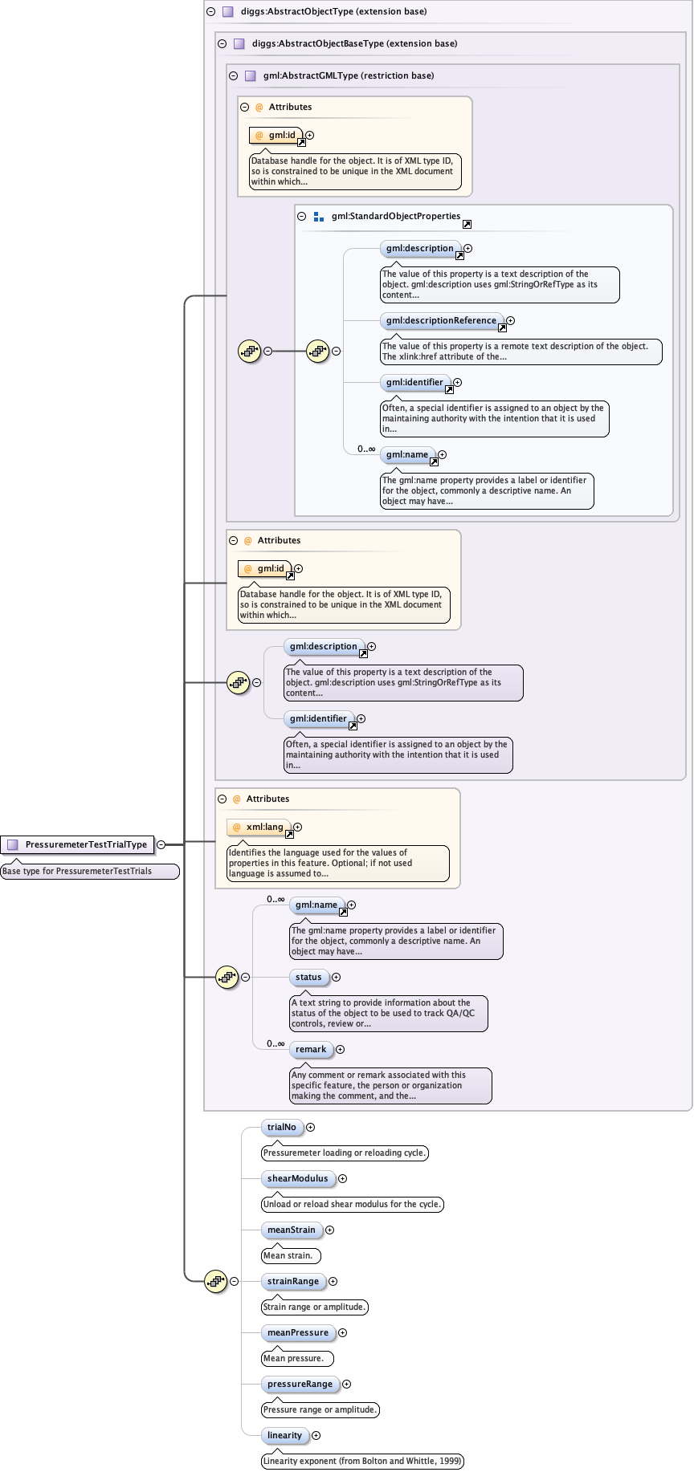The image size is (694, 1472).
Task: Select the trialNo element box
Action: [282, 1127]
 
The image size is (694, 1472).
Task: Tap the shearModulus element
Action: [297, 1178]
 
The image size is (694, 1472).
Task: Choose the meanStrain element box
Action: [292, 1230]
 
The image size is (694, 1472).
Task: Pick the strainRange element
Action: [293, 1281]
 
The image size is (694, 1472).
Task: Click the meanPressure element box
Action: [298, 1332]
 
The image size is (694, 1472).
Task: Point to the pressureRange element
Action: [300, 1384]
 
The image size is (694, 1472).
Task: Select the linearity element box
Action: [284, 1435]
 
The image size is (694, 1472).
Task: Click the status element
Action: [308, 977]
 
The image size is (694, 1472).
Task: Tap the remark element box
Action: [311, 1049]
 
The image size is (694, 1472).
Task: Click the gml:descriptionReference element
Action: [441, 320]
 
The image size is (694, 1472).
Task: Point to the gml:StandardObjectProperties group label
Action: [395, 216]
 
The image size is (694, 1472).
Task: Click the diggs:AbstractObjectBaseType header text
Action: [354, 43]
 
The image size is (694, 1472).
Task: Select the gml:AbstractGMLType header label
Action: [348, 75]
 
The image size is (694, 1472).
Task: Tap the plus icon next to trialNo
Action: [311, 1127]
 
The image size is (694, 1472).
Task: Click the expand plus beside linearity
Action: [316, 1435]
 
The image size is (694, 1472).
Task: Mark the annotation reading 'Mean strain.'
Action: [288, 1255]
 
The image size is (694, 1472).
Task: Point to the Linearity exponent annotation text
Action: [362, 1461]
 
